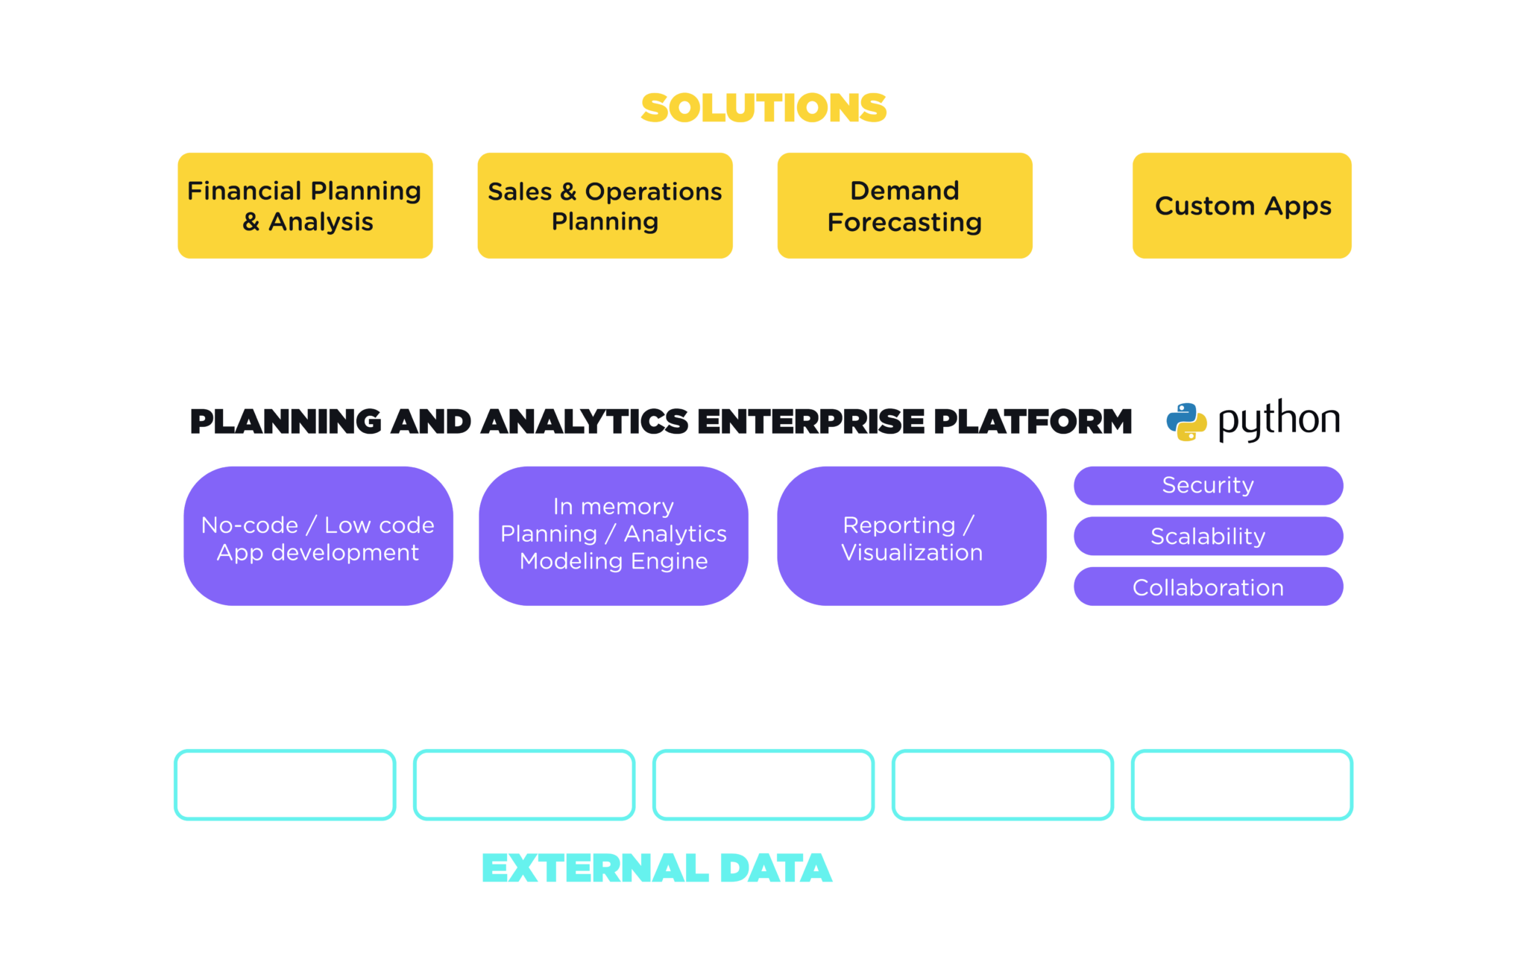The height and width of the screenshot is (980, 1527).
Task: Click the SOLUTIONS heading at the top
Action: pos(763,109)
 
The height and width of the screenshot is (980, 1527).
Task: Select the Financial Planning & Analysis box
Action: pos(305,206)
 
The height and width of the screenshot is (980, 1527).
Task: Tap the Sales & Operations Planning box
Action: pos(605,206)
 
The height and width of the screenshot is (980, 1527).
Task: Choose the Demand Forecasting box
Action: pos(904,206)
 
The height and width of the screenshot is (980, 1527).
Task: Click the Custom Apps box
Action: pos(1241,206)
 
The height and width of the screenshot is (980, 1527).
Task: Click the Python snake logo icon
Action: pos(1186,422)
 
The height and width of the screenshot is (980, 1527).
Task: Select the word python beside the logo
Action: pos(1279,420)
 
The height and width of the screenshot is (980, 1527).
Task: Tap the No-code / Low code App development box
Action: pos(318,537)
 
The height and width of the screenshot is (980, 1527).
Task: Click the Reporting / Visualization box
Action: pos(911,537)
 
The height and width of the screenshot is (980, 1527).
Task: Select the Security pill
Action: pos(1208,485)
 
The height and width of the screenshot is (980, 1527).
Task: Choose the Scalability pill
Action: pos(1208,536)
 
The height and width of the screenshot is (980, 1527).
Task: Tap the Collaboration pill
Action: pos(1208,587)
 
